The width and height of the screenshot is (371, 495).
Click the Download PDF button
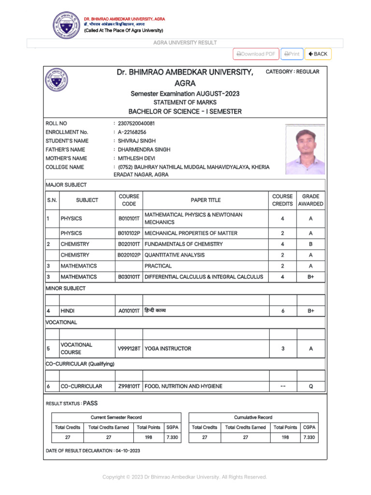point(256,54)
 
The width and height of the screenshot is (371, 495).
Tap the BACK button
point(318,54)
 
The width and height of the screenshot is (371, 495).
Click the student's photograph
point(305,149)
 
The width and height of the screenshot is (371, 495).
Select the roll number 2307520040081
point(136,123)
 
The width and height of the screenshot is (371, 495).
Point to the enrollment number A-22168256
point(132,132)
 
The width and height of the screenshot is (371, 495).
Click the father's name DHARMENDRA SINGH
point(144,150)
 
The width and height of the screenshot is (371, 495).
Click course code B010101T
point(129,218)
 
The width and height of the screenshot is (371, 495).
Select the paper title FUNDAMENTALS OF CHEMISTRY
point(184,244)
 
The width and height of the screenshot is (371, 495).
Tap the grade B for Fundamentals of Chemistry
point(311,244)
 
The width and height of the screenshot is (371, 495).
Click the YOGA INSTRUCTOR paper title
point(168,349)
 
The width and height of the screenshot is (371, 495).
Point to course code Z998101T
point(129,386)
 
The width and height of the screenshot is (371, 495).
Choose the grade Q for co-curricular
point(311,386)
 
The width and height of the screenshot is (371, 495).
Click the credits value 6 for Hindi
point(283,311)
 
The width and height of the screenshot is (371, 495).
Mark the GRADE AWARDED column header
point(311,200)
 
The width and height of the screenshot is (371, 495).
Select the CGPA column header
point(310,427)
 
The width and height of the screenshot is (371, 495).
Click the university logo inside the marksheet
point(57,80)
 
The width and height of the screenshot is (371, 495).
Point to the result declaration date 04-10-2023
point(128,451)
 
